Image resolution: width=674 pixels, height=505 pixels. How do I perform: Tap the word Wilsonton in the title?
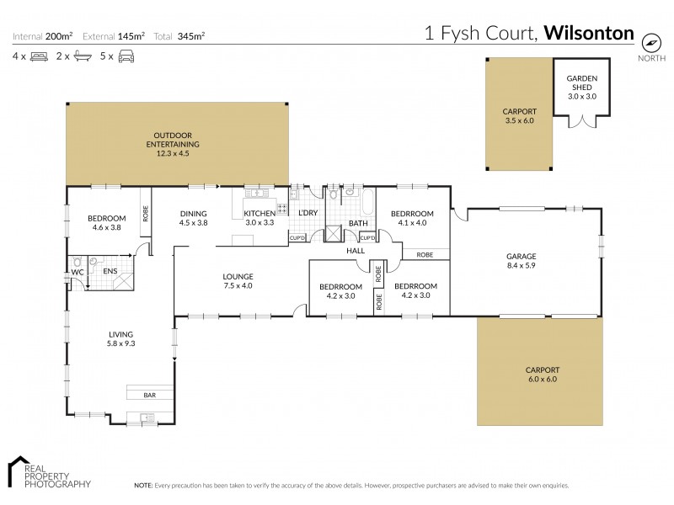pos(589,34)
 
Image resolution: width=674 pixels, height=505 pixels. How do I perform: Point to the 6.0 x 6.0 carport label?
pos(542,375)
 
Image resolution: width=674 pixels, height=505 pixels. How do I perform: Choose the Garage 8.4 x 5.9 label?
pos(522,261)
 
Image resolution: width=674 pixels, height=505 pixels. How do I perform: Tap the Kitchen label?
pos(259,218)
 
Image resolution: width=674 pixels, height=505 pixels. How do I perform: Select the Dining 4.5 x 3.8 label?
pos(193,218)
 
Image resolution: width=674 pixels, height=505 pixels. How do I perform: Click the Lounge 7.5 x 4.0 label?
pos(238,281)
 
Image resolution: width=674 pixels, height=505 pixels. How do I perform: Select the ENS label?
pos(110,271)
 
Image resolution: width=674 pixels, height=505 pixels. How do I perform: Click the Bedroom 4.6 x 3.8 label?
pos(106,223)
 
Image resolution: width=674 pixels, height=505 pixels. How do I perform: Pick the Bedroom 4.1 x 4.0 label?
pos(411,218)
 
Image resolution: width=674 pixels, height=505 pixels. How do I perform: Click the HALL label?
pos(354,251)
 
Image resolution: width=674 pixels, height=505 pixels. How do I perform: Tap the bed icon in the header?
pos(39,56)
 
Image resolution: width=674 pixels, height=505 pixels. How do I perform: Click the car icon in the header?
pos(126,56)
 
